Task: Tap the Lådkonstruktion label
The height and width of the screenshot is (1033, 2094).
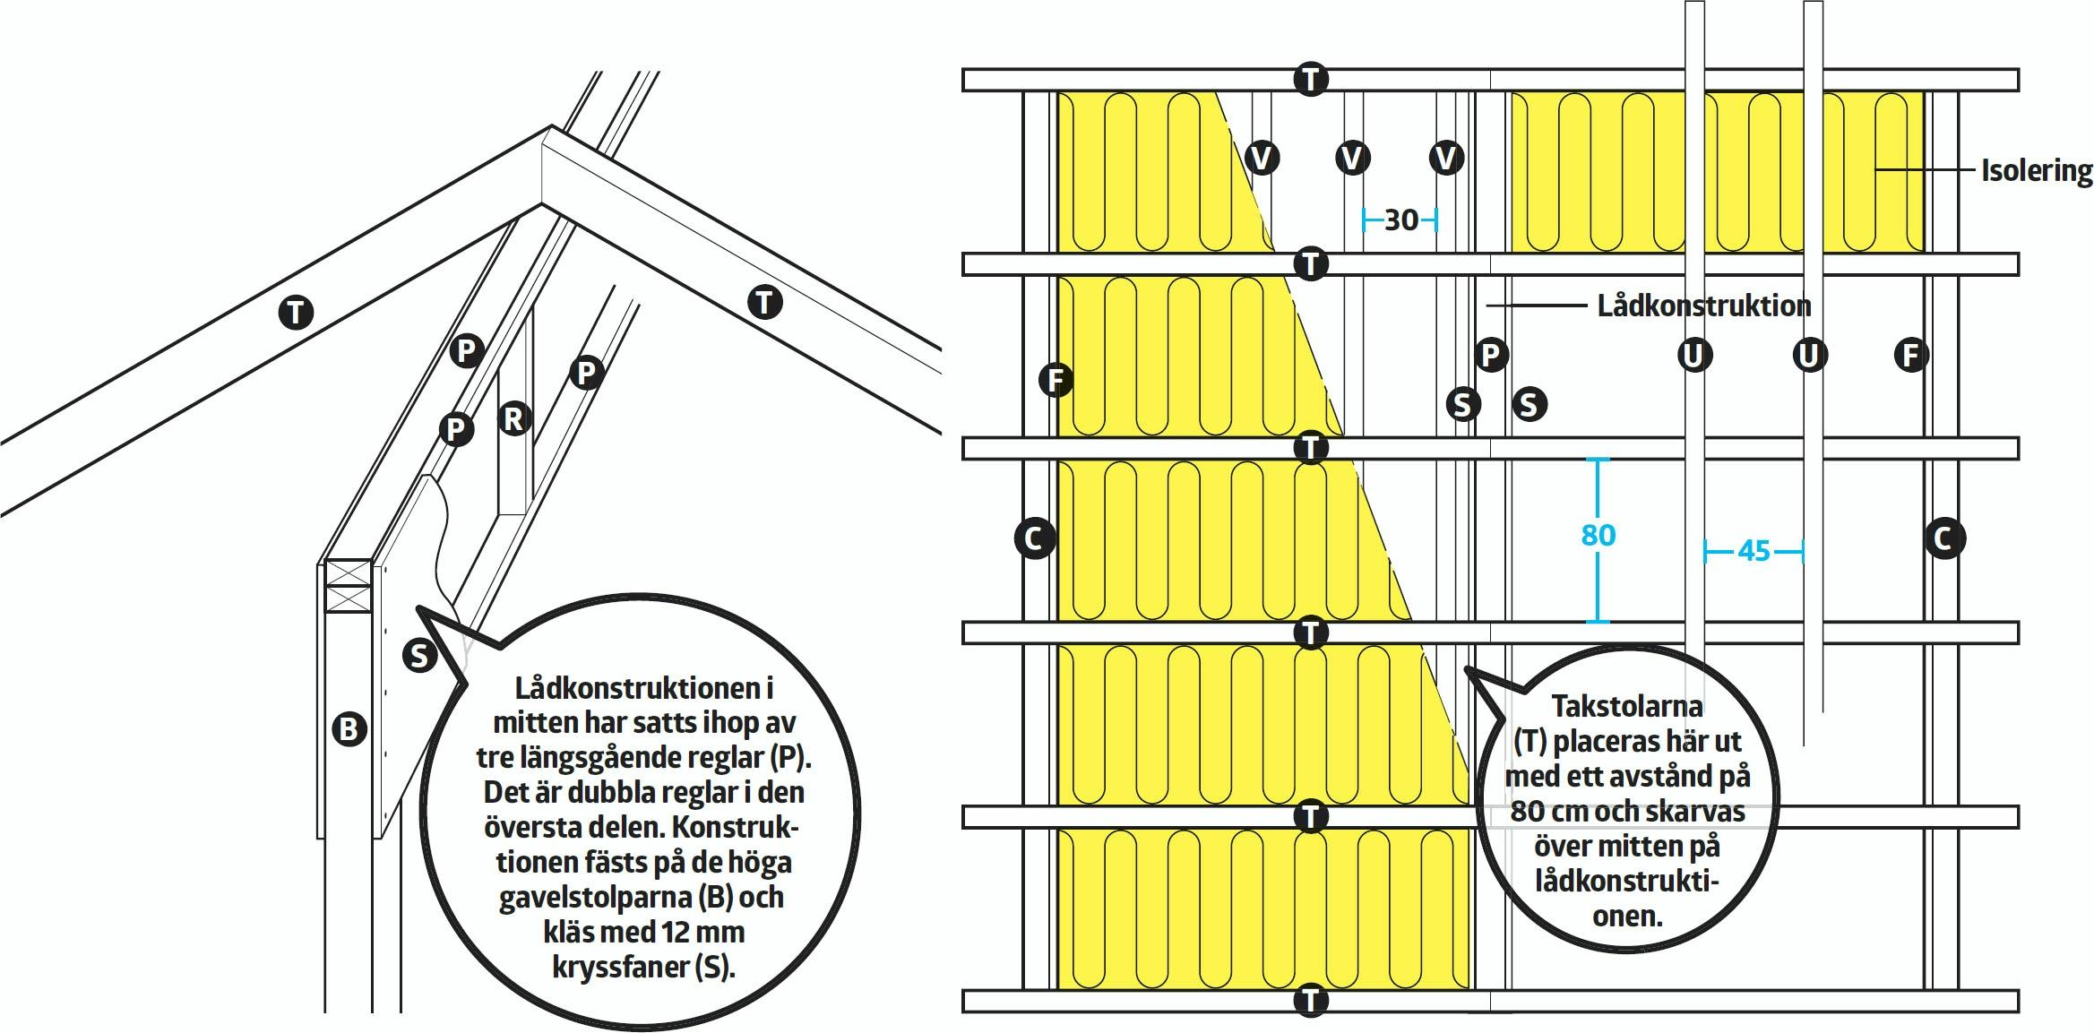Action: [x=1703, y=306]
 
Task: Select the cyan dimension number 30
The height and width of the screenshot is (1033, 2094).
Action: [x=1400, y=220]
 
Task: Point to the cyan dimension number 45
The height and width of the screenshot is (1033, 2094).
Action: [x=1754, y=550]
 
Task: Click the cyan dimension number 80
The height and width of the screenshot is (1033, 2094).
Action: [x=1598, y=535]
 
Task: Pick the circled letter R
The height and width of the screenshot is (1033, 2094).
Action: [x=513, y=418]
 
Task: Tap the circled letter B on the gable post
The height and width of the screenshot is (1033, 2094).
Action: [x=349, y=727]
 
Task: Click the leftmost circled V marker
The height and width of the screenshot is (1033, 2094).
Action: [x=1261, y=158]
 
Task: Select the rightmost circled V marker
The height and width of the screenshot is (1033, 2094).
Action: [x=1445, y=158]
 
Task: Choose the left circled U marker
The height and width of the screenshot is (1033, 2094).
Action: [x=1693, y=356]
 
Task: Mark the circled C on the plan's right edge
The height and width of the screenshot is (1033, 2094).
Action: [x=1943, y=538]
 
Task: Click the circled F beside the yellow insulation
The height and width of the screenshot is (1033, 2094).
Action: [x=1056, y=380]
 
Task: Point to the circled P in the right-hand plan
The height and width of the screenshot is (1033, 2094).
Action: [x=1489, y=356]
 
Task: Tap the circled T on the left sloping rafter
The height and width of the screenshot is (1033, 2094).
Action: [x=296, y=313]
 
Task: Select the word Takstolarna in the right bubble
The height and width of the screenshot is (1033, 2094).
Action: [x=1626, y=706]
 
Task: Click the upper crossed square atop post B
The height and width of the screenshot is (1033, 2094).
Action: [x=348, y=572]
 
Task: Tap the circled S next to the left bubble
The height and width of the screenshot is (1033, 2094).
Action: [x=418, y=656]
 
